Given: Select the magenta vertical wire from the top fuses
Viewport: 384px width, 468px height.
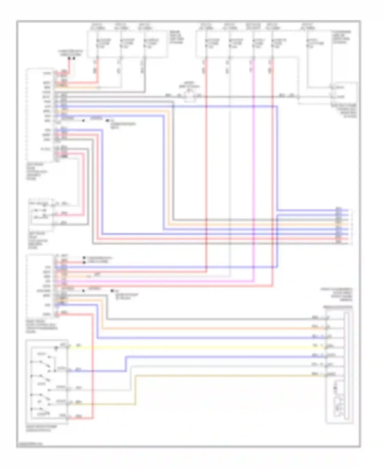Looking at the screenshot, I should click(x=253, y=179).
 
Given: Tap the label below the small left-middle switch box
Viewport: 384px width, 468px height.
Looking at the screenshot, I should click(x=37, y=240).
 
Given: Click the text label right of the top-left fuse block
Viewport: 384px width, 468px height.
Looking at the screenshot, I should click(x=176, y=37).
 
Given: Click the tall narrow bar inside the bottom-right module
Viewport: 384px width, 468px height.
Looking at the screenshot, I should click(x=347, y=366).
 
